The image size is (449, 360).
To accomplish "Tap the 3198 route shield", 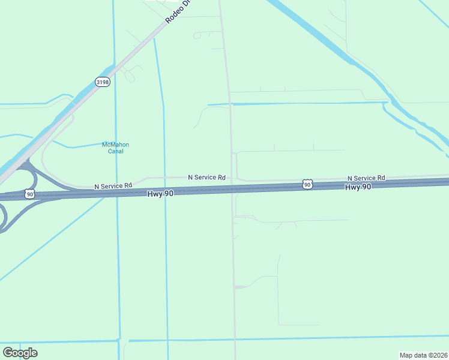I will (x=103, y=82).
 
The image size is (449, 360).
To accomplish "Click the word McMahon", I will (x=115, y=145).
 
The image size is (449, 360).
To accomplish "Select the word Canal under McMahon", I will (x=115, y=151).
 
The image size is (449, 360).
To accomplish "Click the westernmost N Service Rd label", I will (x=113, y=187).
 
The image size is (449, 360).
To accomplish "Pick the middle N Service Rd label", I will (x=206, y=178).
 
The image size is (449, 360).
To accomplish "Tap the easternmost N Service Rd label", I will (x=366, y=178).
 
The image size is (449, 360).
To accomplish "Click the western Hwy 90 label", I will (x=161, y=193).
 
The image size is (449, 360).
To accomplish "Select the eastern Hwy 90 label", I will (x=358, y=187).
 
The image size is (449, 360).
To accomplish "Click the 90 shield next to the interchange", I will (x=29, y=194).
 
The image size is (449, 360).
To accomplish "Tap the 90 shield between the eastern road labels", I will (x=307, y=185).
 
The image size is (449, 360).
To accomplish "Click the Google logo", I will (x=20, y=353).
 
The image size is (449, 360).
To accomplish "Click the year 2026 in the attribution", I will (x=439, y=355).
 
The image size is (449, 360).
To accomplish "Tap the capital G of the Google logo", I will (x=8, y=353).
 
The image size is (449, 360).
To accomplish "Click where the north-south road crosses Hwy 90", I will (x=232, y=189).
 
